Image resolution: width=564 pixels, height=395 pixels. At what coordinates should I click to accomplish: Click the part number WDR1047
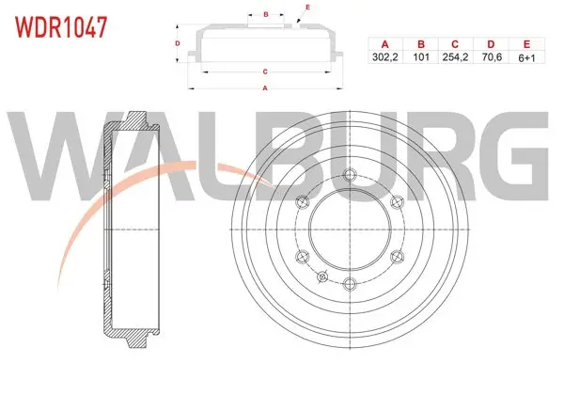click(61, 27)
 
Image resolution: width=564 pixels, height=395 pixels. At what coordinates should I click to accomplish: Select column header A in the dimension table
click(384, 44)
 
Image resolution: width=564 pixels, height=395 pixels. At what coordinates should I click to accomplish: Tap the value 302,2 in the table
click(384, 56)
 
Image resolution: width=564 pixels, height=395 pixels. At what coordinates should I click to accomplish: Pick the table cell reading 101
click(421, 56)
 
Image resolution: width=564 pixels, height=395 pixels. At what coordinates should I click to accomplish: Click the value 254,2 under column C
click(455, 56)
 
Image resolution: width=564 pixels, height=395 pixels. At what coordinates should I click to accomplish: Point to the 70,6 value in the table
click(492, 56)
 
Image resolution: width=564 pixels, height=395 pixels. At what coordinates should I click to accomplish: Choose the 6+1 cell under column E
click(526, 57)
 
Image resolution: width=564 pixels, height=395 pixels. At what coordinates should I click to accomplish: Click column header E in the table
click(526, 44)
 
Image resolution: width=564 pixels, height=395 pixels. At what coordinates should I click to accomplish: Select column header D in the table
click(492, 44)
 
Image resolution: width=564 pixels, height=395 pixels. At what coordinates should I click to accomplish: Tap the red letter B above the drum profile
click(266, 15)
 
